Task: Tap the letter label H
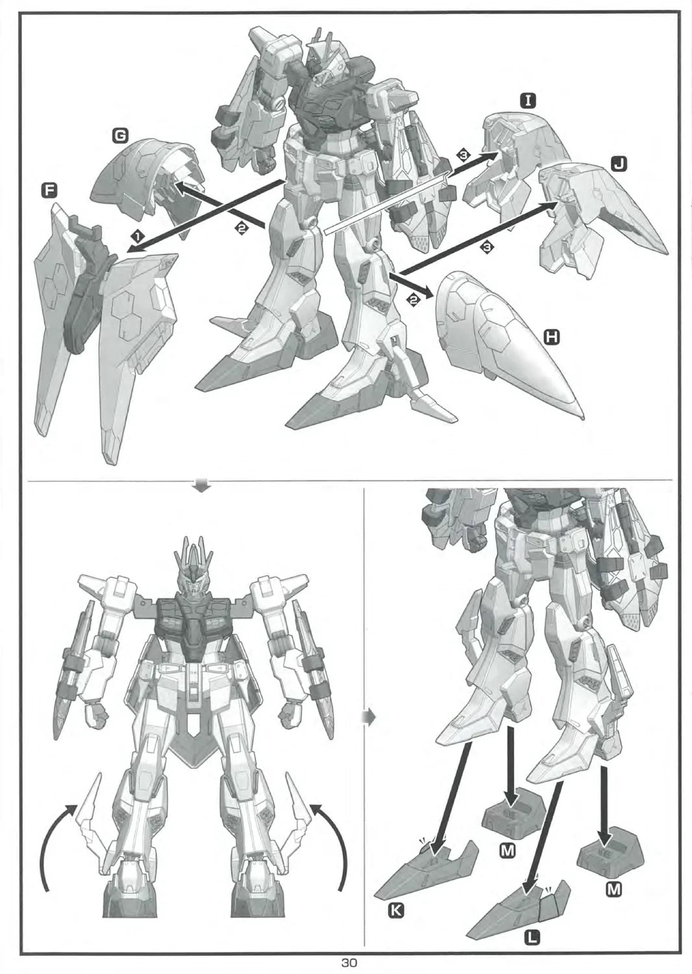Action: point(552,336)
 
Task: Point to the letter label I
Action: point(528,102)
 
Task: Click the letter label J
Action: point(619,164)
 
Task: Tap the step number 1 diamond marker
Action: point(138,236)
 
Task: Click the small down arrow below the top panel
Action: point(204,485)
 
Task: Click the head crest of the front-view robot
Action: point(193,561)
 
